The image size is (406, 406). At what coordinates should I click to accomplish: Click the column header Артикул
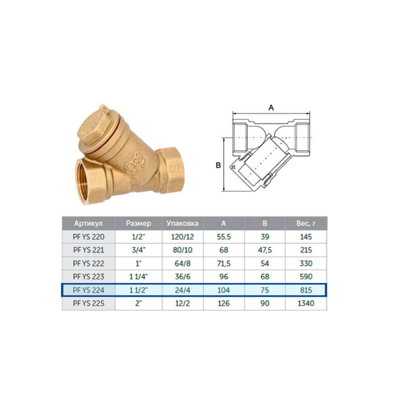click(87, 223)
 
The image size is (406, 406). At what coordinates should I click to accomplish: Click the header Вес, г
click(306, 223)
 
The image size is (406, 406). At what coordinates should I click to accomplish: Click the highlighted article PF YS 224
click(87, 290)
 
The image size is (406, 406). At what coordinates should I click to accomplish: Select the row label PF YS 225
click(87, 304)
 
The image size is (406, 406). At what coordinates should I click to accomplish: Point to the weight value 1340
click(306, 304)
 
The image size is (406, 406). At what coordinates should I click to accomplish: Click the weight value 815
click(306, 290)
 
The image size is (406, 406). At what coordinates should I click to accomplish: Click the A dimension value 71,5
click(224, 263)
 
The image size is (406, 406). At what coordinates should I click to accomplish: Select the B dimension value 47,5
click(265, 250)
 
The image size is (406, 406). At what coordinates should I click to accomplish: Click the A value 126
click(224, 304)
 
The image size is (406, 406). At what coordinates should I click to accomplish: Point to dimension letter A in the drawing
click(271, 107)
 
